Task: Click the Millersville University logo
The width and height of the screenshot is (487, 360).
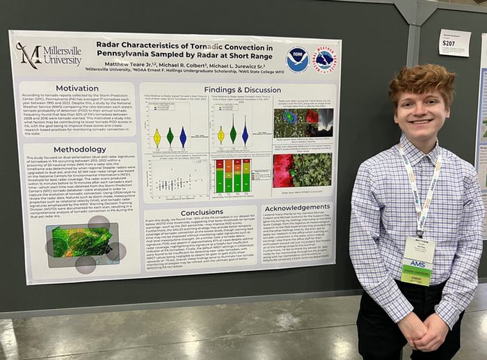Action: [48, 55]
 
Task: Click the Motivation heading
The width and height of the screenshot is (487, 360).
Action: [77, 88]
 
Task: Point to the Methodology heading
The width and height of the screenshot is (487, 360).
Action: [79, 149]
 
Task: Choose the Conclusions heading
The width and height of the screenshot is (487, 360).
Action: [202, 212]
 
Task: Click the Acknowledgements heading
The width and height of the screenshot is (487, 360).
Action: [297, 208]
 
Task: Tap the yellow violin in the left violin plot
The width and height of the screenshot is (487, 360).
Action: [157, 137]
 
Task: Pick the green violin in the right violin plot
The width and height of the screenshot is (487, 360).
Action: [233, 133]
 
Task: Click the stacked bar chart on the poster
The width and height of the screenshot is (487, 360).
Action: [232, 177]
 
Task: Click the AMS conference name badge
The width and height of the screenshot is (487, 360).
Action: [417, 260]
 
